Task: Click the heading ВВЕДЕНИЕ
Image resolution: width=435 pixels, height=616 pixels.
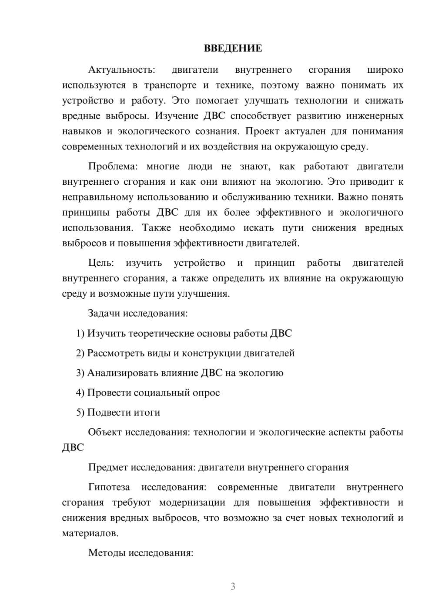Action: (233, 48)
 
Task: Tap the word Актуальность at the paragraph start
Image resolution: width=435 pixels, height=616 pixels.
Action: (121, 70)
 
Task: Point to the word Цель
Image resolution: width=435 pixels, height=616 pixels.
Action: (101, 263)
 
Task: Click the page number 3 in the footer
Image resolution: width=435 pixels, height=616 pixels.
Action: (233, 586)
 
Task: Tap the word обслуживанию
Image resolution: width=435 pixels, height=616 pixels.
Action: (256, 197)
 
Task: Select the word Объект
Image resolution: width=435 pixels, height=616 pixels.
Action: (105, 433)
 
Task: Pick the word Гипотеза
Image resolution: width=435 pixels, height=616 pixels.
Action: (109, 487)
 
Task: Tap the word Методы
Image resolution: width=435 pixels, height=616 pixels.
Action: (104, 553)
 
